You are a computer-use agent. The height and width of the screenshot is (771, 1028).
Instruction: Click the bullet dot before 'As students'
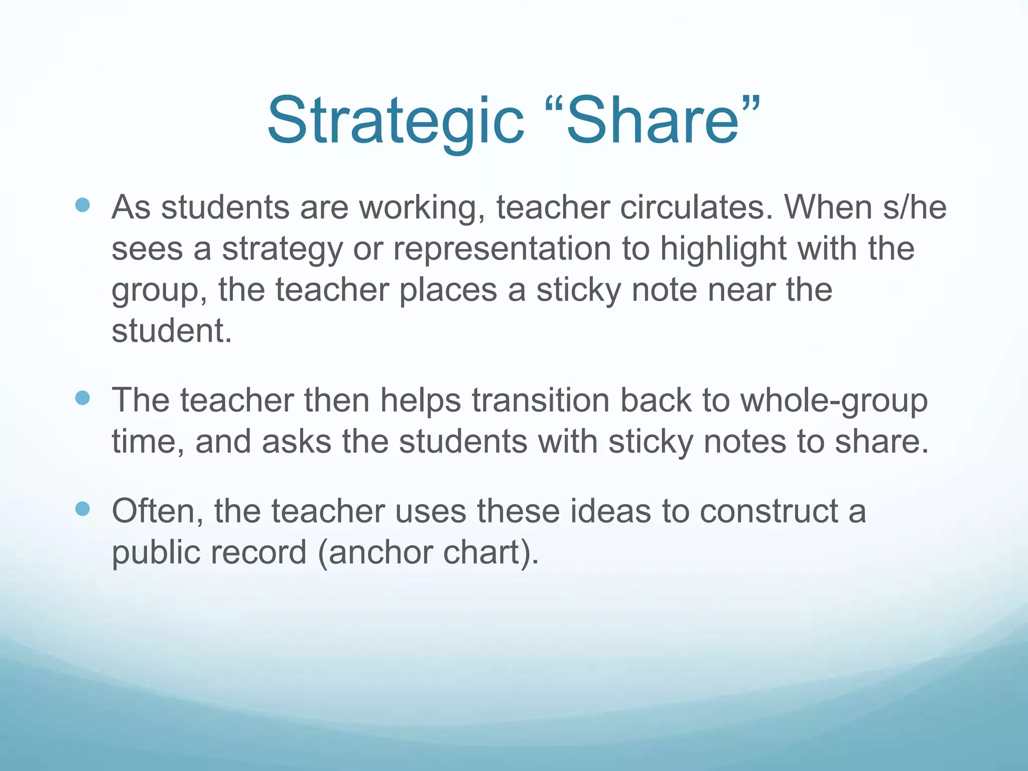[82, 205]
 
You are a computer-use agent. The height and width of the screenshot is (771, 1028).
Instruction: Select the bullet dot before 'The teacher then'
[82, 398]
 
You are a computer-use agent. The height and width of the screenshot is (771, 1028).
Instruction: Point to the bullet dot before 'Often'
[82, 509]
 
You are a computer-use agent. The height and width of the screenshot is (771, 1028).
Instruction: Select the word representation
[502, 248]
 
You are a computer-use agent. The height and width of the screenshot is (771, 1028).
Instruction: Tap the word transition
[540, 400]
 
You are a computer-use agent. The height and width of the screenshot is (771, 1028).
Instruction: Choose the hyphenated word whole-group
[834, 401]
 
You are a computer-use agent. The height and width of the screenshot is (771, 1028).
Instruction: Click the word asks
[296, 441]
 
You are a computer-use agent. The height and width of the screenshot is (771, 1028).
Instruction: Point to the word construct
[768, 511]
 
